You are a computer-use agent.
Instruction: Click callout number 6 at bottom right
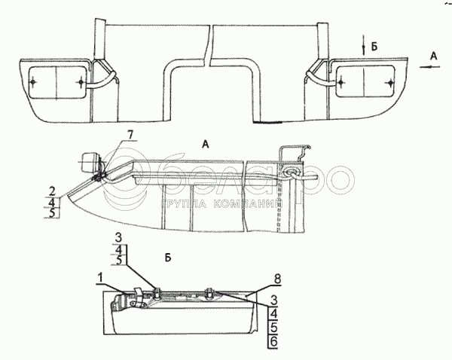272,340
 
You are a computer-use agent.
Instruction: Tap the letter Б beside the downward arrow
374,47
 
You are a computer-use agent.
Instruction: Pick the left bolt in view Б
156,292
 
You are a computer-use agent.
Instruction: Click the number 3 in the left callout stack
119,238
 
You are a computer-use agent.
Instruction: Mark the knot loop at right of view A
290,174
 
